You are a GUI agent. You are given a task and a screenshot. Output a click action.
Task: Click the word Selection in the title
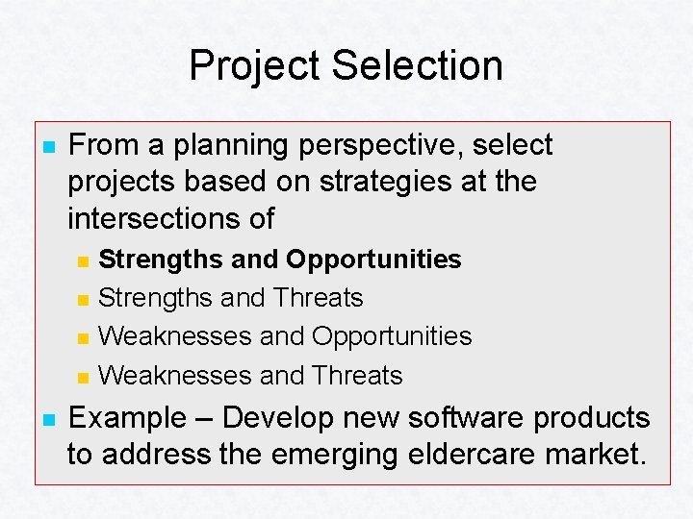tap(417, 66)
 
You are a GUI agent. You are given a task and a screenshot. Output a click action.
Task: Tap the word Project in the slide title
tap(255, 66)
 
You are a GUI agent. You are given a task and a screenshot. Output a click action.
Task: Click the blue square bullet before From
tap(45, 147)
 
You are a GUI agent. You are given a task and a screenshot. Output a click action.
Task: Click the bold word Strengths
tap(158, 259)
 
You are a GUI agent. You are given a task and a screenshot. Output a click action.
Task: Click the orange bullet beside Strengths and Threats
tap(84, 300)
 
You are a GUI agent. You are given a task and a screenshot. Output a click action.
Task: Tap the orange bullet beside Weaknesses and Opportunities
tap(84, 338)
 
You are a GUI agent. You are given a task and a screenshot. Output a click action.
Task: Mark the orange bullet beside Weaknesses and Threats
tap(84, 377)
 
